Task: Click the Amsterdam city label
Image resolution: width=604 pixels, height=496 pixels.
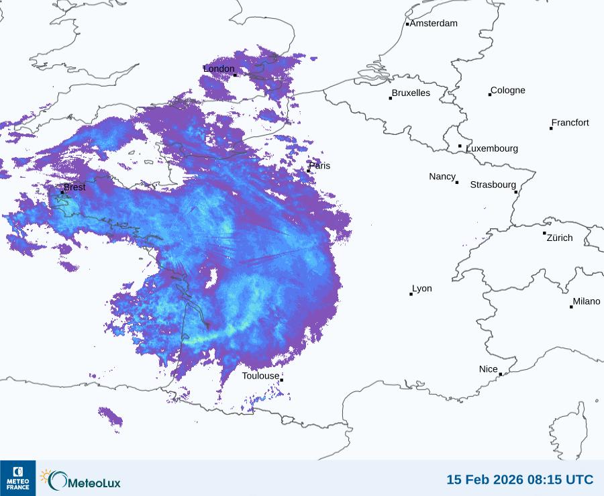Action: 434,23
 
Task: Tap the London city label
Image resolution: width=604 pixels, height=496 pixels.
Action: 219,69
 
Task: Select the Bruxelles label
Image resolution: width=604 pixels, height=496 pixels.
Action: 411,93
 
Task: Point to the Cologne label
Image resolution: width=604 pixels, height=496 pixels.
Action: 508,91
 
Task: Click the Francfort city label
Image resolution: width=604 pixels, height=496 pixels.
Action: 570,123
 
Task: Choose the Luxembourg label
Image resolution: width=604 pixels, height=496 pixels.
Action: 492,148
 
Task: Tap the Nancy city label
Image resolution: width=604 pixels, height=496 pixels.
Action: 442,177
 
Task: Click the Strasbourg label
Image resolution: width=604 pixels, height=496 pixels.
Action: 493,185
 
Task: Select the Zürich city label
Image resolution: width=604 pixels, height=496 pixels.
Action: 560,238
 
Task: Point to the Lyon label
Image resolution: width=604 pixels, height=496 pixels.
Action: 422,289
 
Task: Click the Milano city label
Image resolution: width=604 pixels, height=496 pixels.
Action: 587,301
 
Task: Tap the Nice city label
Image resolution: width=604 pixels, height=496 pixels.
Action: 489,369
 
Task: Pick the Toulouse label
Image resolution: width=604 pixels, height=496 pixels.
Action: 260,376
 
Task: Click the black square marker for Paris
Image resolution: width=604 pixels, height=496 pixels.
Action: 308,170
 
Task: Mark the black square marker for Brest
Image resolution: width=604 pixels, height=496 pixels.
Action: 62,192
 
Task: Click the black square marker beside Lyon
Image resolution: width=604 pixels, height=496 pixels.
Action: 411,294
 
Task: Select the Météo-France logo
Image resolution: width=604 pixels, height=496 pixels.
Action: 18,478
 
